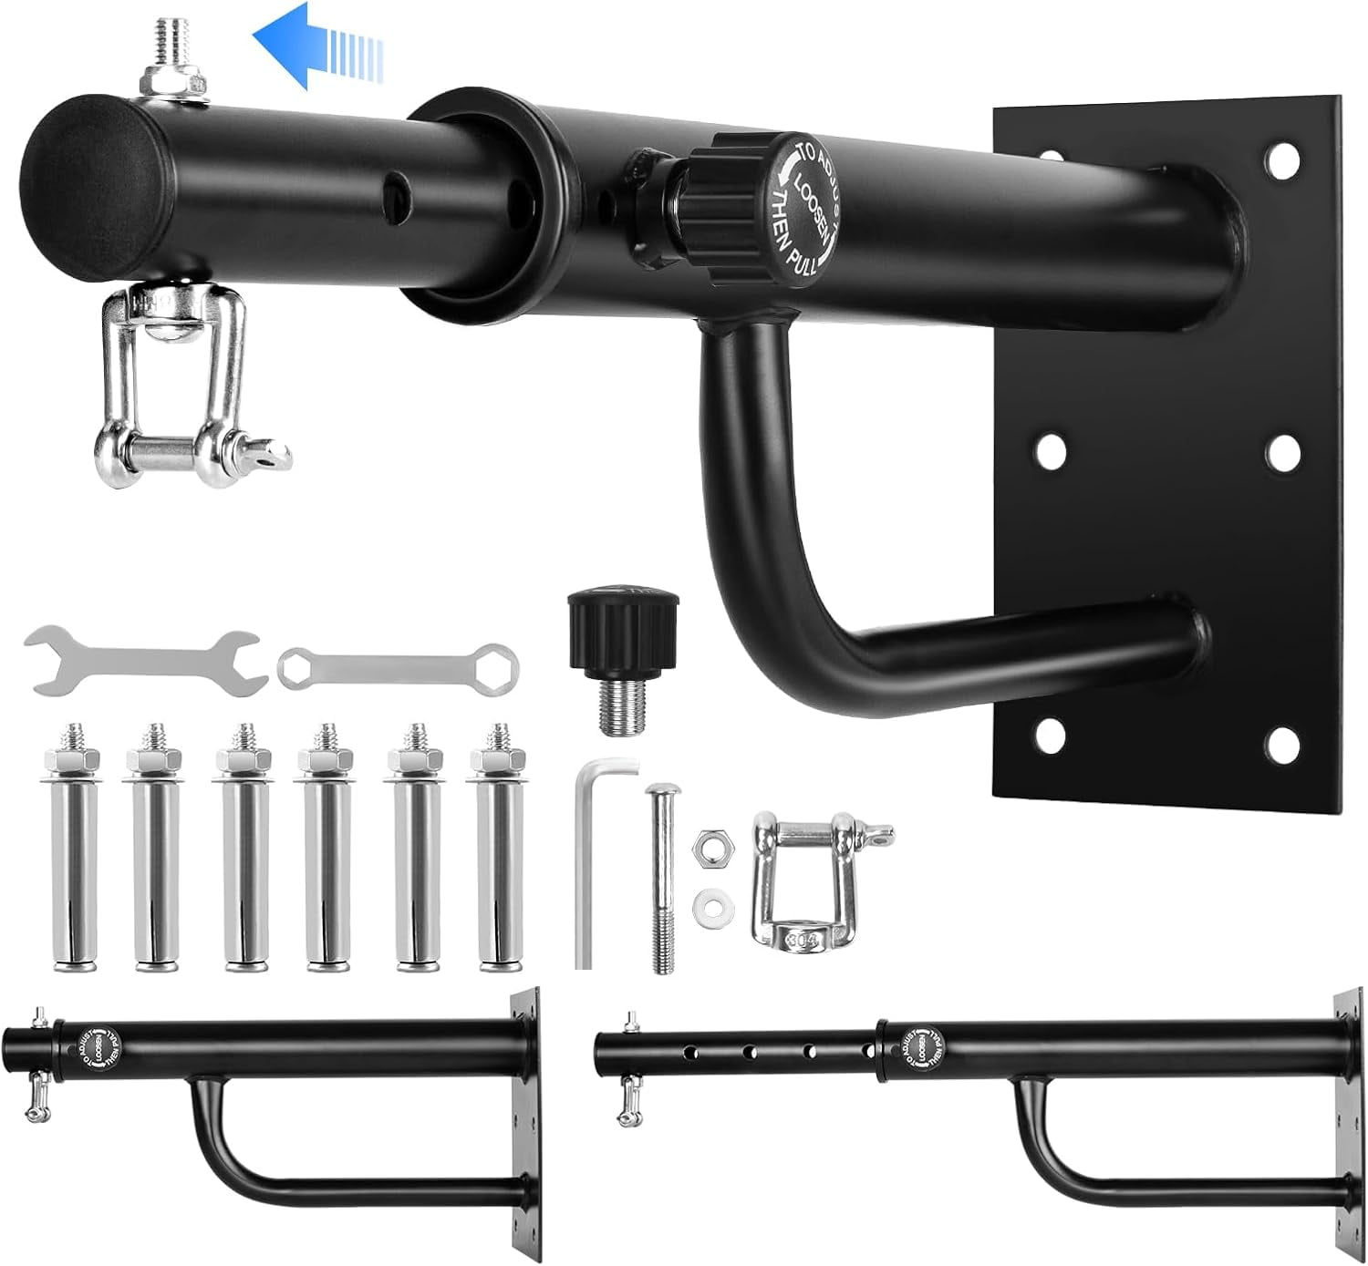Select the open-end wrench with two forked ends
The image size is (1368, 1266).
(146, 659)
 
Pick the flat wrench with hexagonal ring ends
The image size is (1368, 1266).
(398, 666)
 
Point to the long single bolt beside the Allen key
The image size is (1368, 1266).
(661, 880)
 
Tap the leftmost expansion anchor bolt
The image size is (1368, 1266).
(70, 848)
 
